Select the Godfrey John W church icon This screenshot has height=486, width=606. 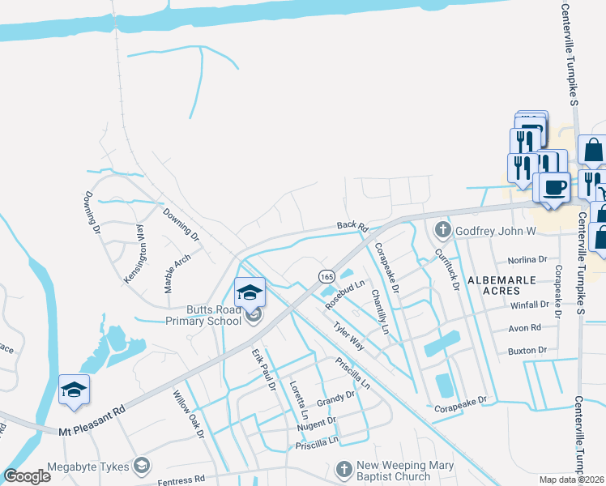442,231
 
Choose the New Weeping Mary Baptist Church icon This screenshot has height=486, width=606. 344,469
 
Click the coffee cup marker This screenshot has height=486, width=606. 555,188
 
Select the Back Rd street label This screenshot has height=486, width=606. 352,227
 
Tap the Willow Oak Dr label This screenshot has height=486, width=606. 189,416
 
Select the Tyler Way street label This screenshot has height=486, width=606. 348,336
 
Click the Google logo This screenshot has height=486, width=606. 28,475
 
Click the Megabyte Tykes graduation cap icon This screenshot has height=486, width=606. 143,465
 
